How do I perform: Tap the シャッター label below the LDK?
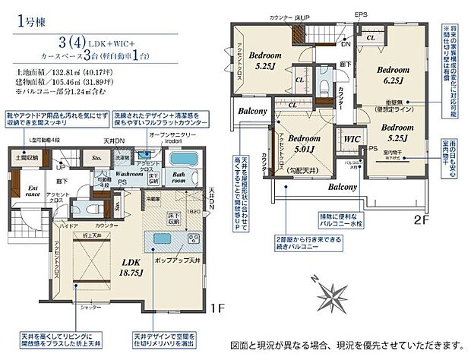91,308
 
